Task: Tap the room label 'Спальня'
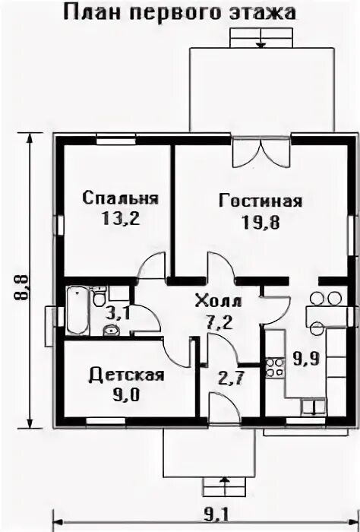(121, 198)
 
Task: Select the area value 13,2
(121, 218)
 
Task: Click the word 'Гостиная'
(261, 201)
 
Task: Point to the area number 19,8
(261, 223)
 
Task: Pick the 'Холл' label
(219, 301)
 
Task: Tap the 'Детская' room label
(126, 375)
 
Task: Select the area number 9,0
(126, 395)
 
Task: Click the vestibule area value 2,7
(231, 378)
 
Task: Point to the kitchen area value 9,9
(306, 358)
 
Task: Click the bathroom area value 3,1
(117, 314)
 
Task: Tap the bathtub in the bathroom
(78, 310)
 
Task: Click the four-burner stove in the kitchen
(275, 367)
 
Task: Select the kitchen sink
(314, 407)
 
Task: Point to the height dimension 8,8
(21, 287)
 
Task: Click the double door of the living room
(261, 154)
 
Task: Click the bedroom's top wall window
(116, 139)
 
